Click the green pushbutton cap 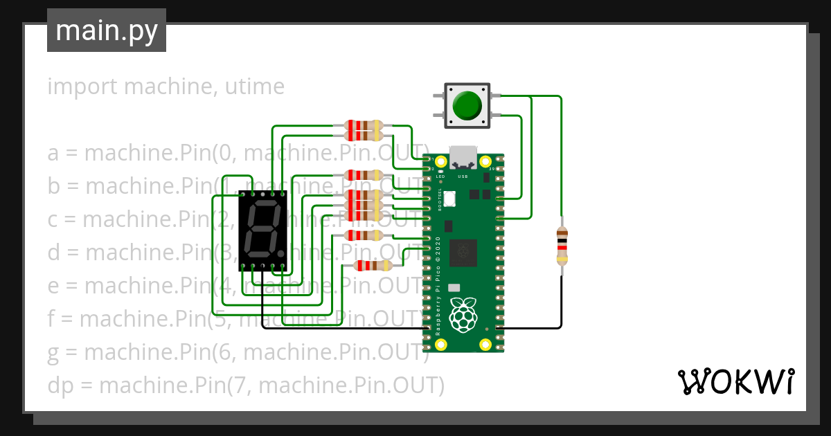pyautogui.click(x=467, y=106)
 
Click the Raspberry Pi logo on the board pyautogui.click(x=463, y=314)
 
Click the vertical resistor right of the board pyautogui.click(x=562, y=246)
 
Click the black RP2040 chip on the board pyautogui.click(x=463, y=253)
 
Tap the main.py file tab pyautogui.click(x=107, y=30)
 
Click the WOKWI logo pyautogui.click(x=735, y=382)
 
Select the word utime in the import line pyautogui.click(x=254, y=87)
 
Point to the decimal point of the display pyautogui.click(x=281, y=252)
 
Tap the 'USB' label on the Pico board pyautogui.click(x=463, y=176)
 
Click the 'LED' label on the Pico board pyautogui.click(x=440, y=176)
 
